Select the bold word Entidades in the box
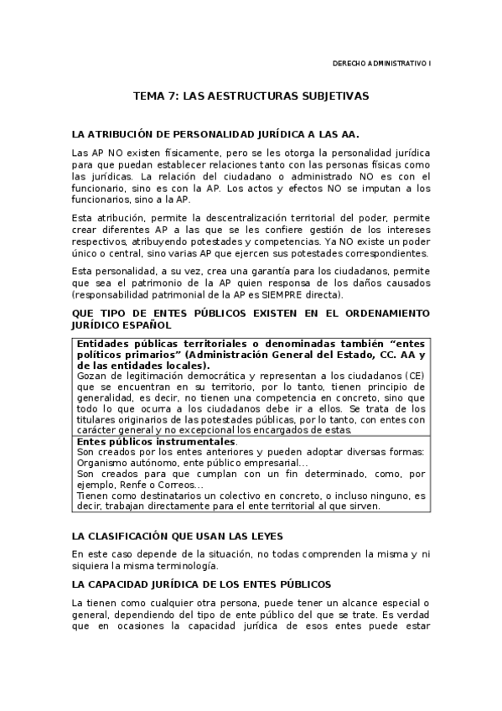pyautogui.click(x=103, y=344)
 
